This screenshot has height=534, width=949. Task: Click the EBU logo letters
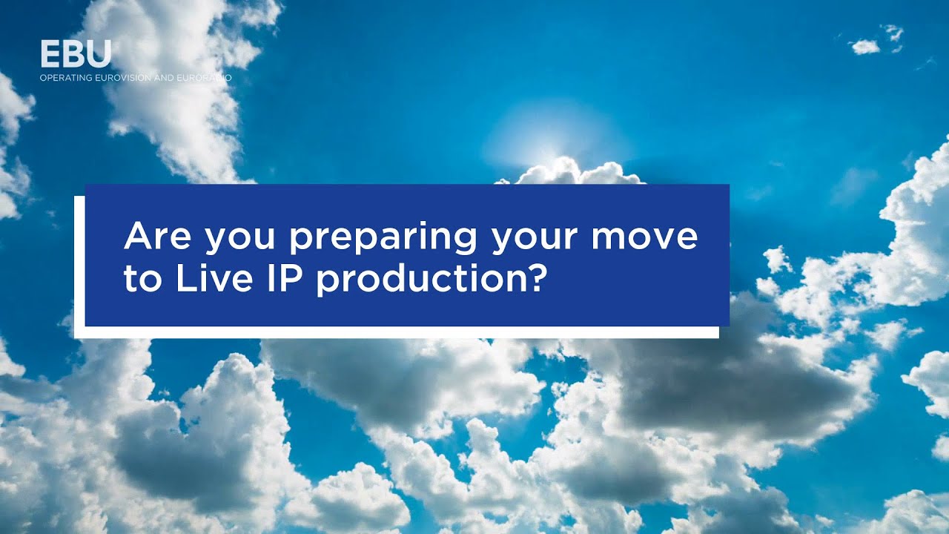click(76, 54)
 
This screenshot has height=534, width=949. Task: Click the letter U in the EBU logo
click(99, 54)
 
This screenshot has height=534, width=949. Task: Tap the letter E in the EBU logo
click(51, 54)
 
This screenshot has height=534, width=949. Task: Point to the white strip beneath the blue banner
click(400, 332)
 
